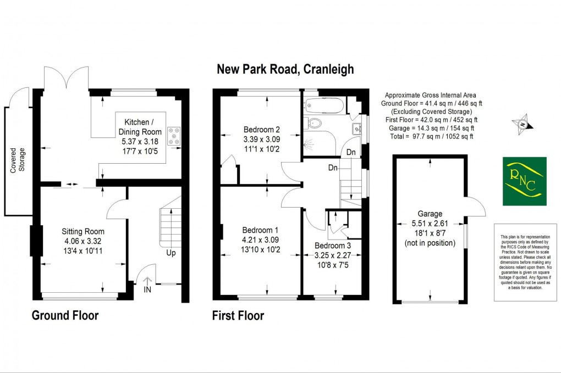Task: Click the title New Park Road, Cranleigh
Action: point(285,69)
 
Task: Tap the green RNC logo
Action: point(525,181)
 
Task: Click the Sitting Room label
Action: point(82,231)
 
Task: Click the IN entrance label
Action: point(147,289)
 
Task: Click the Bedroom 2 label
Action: point(262,130)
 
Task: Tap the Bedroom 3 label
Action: point(331,246)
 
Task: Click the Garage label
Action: point(430,214)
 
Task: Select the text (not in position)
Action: point(430,242)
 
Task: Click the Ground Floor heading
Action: point(65,315)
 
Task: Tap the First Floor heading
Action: point(238,316)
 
